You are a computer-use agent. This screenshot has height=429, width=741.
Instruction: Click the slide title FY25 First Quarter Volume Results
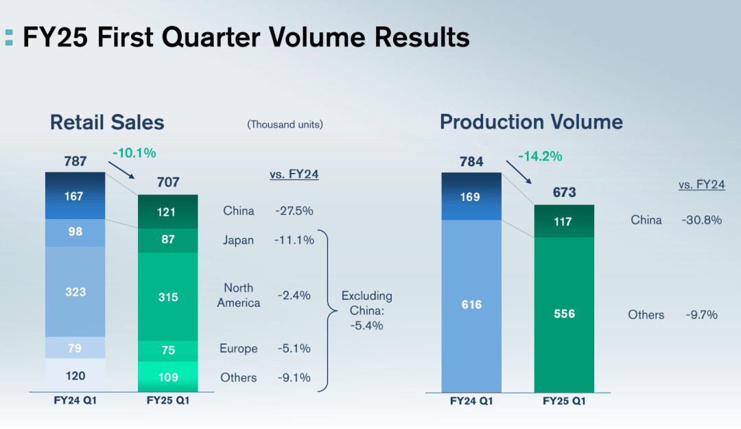[x=246, y=37]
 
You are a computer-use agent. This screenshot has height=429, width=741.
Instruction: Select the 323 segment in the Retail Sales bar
[x=75, y=292]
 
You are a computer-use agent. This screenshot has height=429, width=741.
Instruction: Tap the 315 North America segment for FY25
[x=168, y=297]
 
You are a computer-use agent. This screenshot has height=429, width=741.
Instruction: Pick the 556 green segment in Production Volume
[x=564, y=314]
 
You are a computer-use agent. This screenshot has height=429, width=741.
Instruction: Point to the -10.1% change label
[x=134, y=152]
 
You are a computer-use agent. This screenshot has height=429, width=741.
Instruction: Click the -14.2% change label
[x=539, y=156]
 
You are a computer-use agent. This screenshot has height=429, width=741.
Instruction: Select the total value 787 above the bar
[x=75, y=161]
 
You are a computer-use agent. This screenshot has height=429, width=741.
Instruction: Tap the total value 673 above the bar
[x=564, y=193]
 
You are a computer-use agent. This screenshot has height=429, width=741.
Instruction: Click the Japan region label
[x=238, y=240]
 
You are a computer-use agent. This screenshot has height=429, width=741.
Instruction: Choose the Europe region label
[x=239, y=349]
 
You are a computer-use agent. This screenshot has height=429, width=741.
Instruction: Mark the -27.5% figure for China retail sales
[x=294, y=211]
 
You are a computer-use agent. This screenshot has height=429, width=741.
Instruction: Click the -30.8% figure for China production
[x=701, y=220]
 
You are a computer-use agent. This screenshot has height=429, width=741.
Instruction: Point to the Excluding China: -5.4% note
[x=366, y=310]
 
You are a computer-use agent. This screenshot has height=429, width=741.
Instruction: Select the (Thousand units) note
[x=285, y=124]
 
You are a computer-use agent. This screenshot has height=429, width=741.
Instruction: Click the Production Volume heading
[x=531, y=122]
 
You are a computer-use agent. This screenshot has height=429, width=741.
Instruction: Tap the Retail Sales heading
[x=107, y=123]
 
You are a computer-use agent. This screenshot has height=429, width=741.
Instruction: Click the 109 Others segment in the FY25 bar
[x=168, y=377]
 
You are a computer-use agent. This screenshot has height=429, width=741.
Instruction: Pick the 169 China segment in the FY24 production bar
[x=471, y=197]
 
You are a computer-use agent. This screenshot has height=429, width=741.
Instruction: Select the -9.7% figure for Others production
[x=701, y=315]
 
